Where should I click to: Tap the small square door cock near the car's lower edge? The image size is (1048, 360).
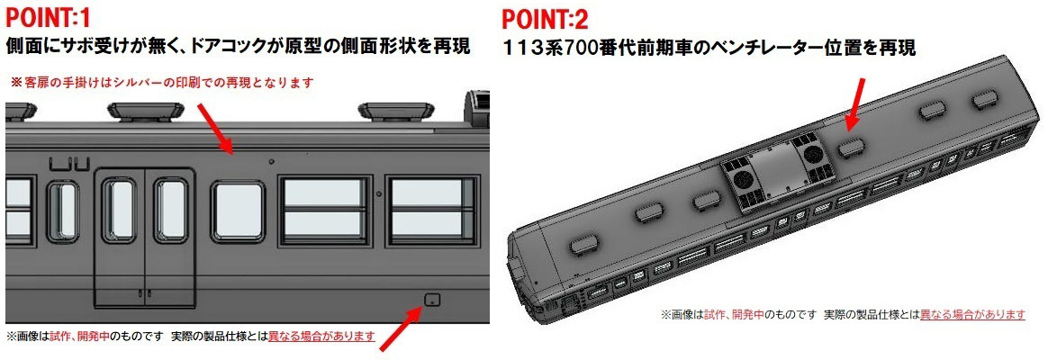point(432,300)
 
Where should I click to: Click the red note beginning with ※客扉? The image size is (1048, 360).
point(161,82)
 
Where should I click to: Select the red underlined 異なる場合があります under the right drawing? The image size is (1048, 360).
point(972,314)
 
